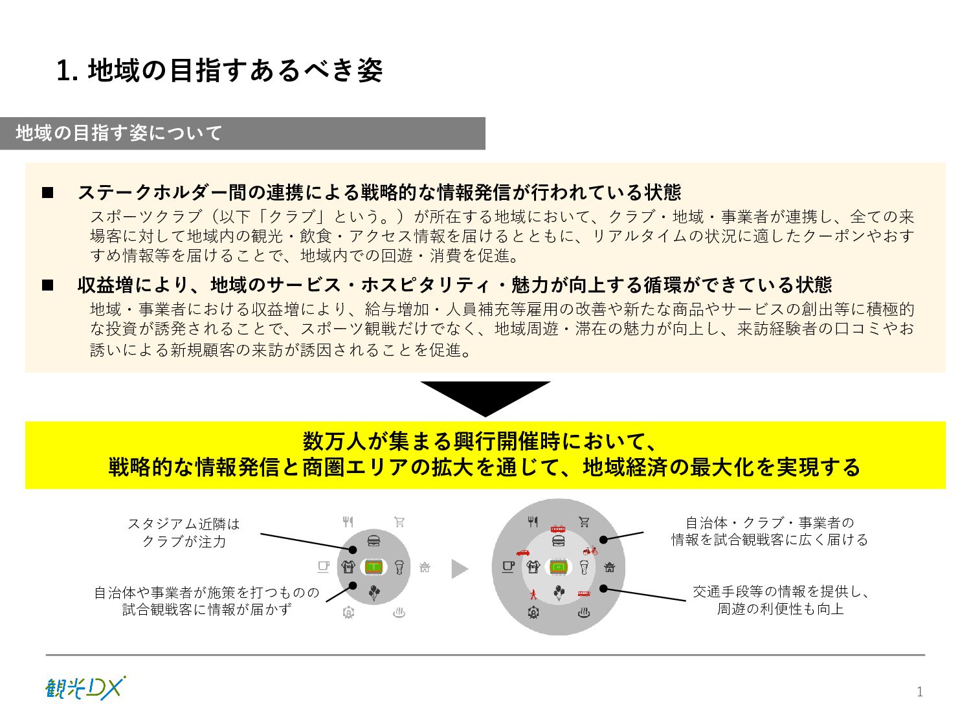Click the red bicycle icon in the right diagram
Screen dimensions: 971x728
(x=590, y=551)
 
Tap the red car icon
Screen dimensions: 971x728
(x=523, y=553)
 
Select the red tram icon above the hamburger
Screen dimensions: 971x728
(x=558, y=528)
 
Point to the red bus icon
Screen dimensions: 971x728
(x=584, y=593)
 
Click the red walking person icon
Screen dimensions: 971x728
(x=533, y=593)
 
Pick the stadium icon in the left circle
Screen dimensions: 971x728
(x=374, y=568)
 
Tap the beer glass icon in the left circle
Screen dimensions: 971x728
(x=399, y=568)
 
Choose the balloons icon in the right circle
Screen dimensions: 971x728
(x=559, y=592)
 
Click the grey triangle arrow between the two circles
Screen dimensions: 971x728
(x=459, y=569)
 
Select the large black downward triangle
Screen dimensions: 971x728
(x=485, y=396)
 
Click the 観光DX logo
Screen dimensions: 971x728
(x=85, y=688)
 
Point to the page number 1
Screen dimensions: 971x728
(x=919, y=692)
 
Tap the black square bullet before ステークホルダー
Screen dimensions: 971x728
(x=48, y=193)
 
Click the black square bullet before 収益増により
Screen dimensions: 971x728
(x=48, y=285)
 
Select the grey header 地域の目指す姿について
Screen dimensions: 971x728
(x=243, y=133)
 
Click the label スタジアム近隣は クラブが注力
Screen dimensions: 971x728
(x=184, y=532)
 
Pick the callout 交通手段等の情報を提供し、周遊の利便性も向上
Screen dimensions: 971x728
(x=780, y=600)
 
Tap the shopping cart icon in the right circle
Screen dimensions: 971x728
(x=584, y=522)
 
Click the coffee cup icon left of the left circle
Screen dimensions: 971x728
(x=324, y=567)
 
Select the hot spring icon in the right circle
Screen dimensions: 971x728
(x=584, y=612)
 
